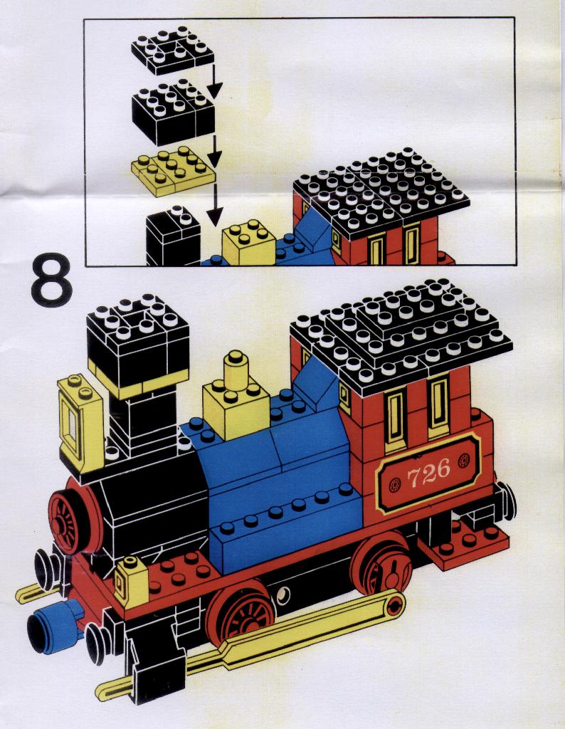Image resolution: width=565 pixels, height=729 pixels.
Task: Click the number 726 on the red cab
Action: pos(428,473)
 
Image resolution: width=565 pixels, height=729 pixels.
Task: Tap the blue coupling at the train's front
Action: pos(53,624)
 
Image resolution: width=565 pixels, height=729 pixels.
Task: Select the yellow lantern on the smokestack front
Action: pos(79,423)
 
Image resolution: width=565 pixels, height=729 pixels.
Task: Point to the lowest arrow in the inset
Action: pos(214,204)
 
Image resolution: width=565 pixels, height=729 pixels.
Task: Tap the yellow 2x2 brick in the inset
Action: pos(248,242)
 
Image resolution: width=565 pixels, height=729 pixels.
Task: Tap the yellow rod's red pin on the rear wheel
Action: pos(396,604)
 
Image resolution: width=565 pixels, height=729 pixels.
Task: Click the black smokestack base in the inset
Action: pos(174,237)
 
